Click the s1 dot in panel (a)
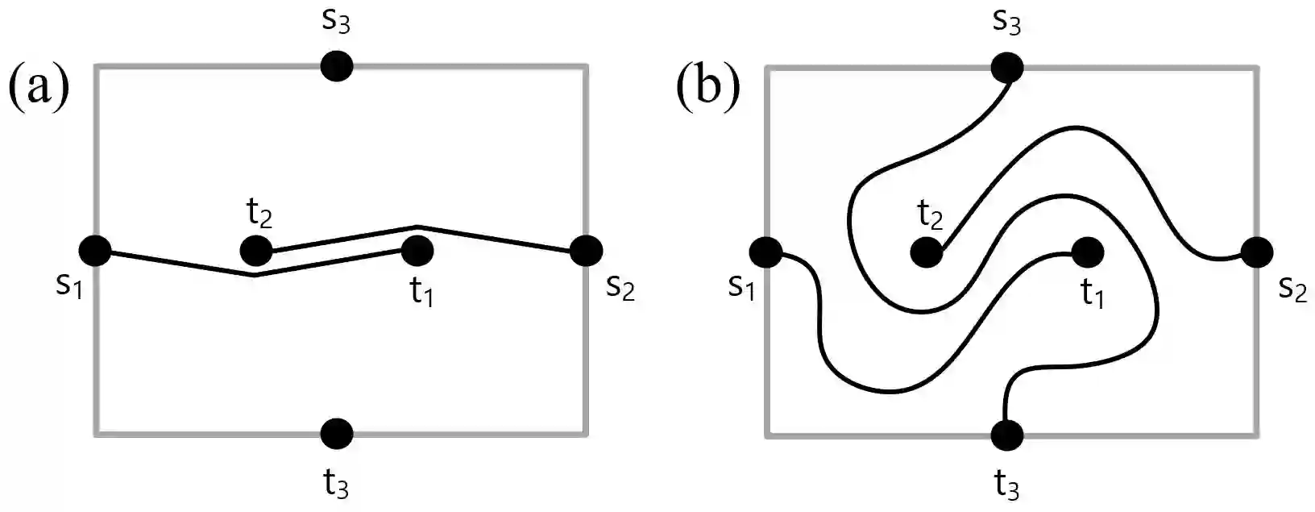(95, 252)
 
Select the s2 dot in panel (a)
(586, 251)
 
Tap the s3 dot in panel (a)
(337, 66)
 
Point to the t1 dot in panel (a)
(417, 251)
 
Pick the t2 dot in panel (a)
(256, 251)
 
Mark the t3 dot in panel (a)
(337, 434)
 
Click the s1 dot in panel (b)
(765, 252)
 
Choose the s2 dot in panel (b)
(1256, 252)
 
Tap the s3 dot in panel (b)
(1007, 67)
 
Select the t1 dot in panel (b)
(1087, 252)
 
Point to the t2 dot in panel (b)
(927, 253)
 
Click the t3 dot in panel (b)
(1007, 435)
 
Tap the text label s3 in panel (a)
(336, 20)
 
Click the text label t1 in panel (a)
(421, 292)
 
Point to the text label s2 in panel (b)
(1292, 289)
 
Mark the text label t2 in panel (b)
(931, 215)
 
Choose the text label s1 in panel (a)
(69, 286)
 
